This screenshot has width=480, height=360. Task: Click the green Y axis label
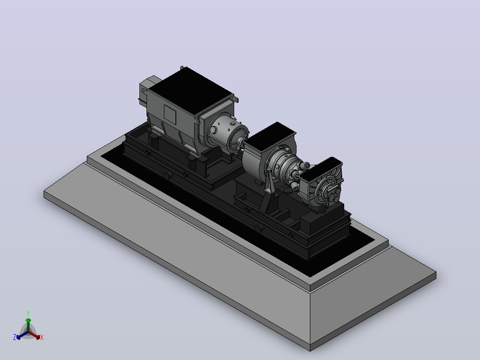point(28,313)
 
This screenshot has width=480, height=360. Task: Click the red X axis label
point(42,337)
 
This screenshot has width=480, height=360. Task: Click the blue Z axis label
point(15,337)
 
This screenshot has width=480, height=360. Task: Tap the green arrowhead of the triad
point(28,320)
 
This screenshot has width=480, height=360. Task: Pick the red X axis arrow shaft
point(33,335)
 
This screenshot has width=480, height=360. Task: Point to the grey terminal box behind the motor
point(149,89)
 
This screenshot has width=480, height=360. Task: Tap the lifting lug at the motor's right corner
point(236,99)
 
